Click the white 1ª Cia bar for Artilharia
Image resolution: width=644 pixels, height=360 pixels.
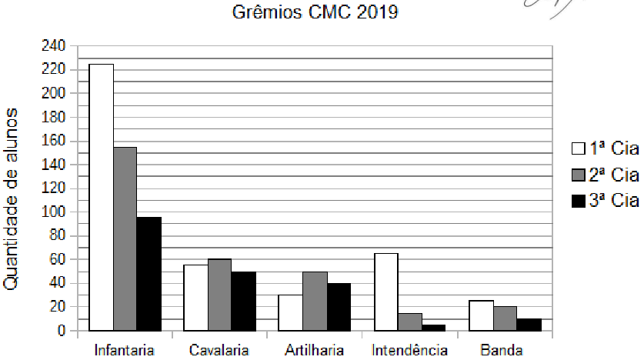point(290,312)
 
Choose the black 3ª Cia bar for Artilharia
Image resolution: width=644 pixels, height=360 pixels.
point(338,307)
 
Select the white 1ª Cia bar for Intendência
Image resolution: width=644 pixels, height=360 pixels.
point(386,292)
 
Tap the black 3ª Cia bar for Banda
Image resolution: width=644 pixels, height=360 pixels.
point(529,324)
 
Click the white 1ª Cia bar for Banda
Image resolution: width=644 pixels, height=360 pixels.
point(481,315)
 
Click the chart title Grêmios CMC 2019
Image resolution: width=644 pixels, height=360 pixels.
point(315,13)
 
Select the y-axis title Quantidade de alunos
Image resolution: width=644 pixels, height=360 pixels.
point(12,199)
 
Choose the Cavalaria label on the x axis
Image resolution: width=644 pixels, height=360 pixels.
point(219,351)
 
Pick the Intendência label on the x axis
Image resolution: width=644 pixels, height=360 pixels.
point(409,351)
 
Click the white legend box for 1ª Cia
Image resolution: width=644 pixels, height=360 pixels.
point(579,149)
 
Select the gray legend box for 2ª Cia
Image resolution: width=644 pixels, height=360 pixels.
point(579,175)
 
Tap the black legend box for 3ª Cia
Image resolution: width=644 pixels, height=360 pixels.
point(579,202)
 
